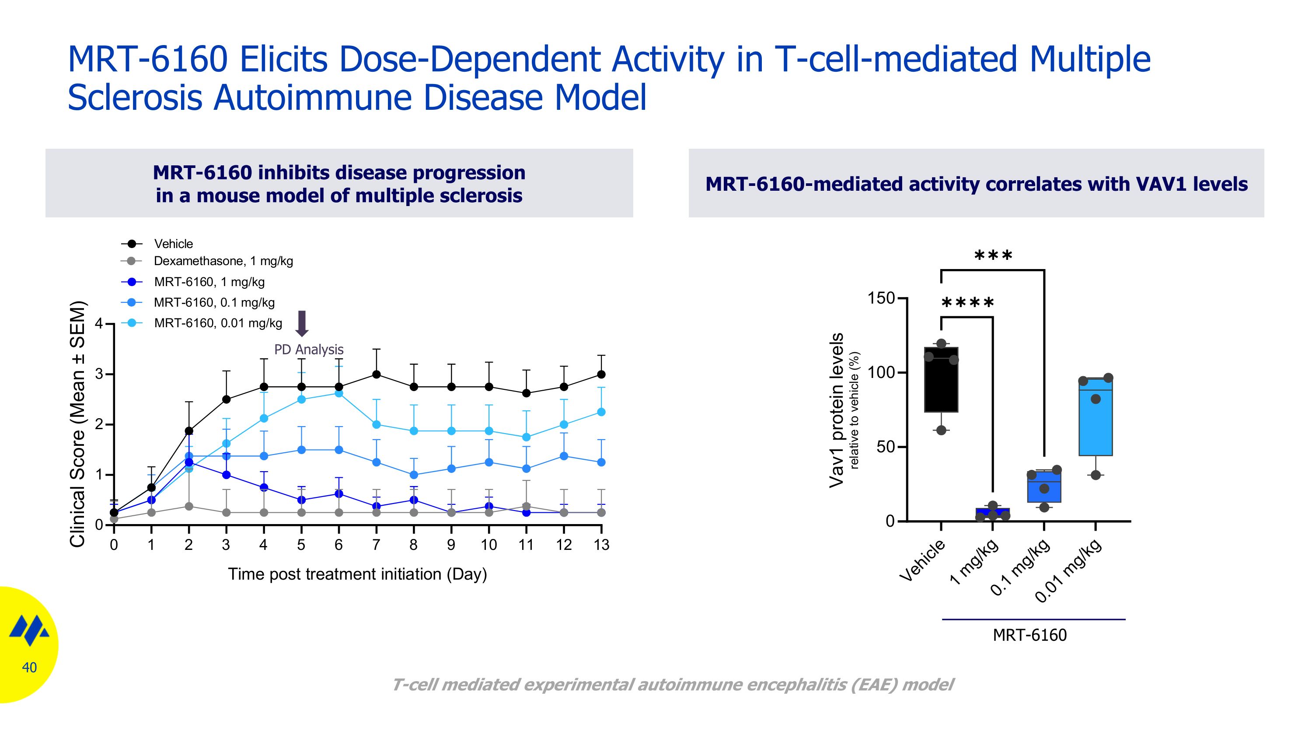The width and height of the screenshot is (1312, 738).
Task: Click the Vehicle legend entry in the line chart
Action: (173, 244)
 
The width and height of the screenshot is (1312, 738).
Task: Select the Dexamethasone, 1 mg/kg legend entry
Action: (223, 261)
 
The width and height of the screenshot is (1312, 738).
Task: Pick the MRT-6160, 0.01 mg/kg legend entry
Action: (217, 323)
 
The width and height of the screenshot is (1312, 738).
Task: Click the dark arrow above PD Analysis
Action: (302, 323)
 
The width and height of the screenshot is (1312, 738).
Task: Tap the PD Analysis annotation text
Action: (309, 350)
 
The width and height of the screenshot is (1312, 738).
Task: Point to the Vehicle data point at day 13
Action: (601, 374)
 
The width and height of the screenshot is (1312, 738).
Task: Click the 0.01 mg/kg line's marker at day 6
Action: (338, 393)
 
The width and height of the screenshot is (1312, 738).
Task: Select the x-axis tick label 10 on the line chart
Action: (489, 545)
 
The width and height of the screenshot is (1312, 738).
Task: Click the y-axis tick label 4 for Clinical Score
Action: (99, 324)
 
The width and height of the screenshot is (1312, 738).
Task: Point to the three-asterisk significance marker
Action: (993, 255)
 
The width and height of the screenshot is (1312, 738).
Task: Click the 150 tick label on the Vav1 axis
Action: (881, 298)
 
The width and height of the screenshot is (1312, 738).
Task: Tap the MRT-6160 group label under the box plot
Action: (1029, 635)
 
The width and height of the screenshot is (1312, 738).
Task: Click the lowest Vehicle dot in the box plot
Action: (941, 430)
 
